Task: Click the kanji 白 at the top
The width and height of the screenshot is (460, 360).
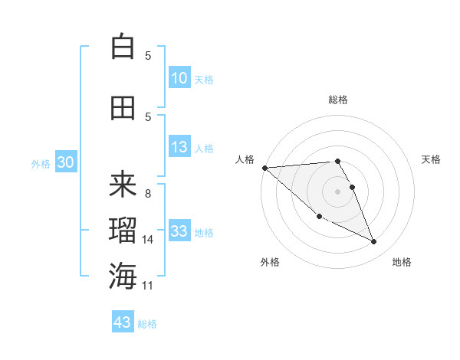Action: pos(123,47)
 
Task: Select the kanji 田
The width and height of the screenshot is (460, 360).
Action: pos(123,108)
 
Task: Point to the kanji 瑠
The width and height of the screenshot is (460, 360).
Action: pos(123,230)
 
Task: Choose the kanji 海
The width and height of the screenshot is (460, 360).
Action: pos(123,276)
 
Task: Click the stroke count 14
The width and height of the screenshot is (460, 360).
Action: pos(148,240)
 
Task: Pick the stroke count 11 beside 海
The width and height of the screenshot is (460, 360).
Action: pos(148,286)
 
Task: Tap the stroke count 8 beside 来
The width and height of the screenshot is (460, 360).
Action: pos(148,194)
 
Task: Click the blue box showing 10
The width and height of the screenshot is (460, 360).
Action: pos(179,78)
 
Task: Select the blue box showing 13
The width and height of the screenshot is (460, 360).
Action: pos(179,148)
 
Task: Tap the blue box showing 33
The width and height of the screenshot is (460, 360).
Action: pos(179,232)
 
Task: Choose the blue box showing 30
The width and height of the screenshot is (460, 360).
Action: pos(65,162)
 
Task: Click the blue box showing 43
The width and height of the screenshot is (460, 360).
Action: pos(123,322)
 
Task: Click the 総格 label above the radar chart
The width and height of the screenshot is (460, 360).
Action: pos(338,100)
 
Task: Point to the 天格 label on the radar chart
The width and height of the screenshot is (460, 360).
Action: pos(432,159)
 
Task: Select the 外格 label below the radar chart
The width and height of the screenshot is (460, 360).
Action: pos(270,262)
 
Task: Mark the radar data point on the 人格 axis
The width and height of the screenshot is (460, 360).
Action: pos(264,168)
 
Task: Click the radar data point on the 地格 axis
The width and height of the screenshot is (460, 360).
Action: pos(374,242)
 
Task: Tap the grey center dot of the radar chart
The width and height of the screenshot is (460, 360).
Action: pos(338,191)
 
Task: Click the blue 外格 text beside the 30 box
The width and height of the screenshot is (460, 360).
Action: pos(41,163)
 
